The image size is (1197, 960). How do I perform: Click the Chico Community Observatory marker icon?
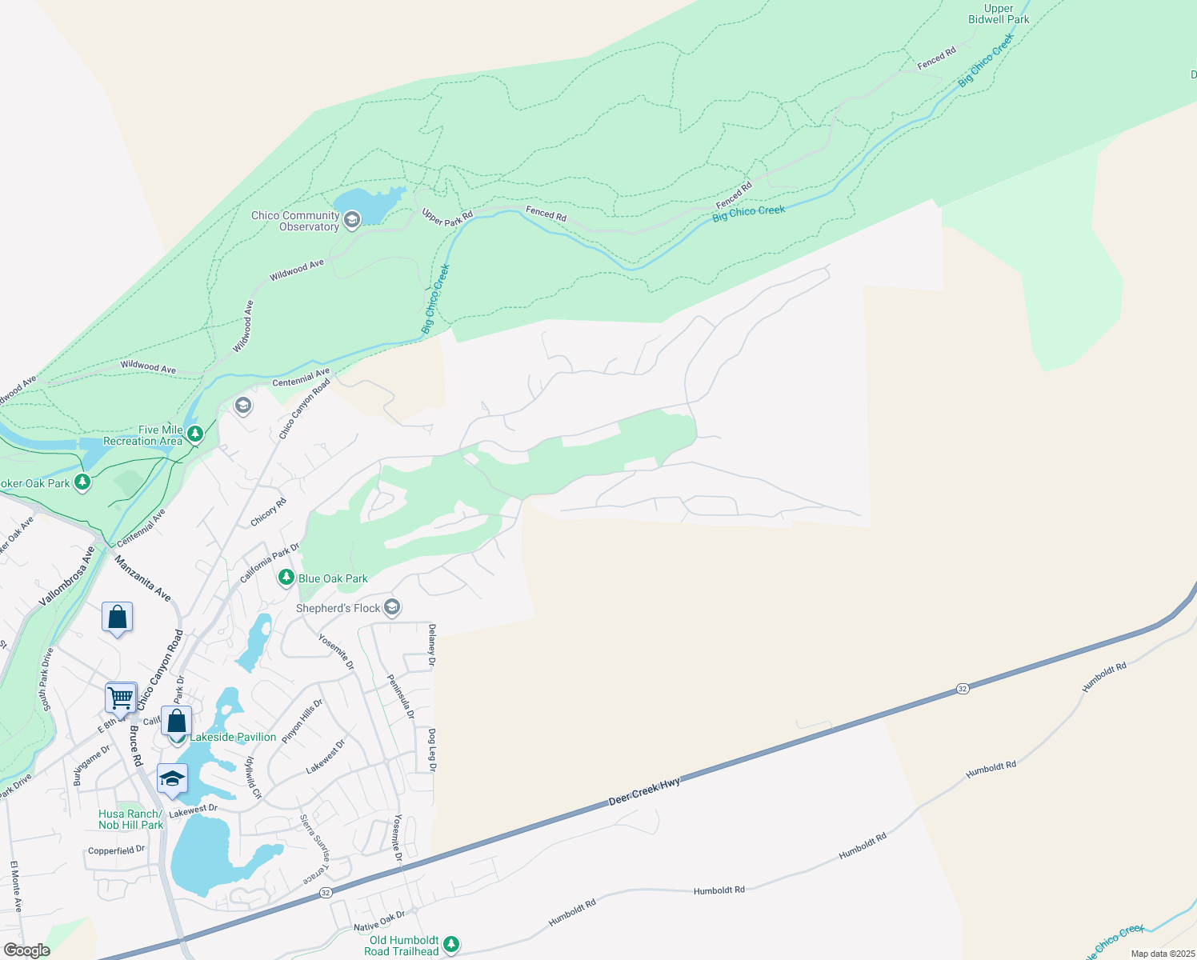pos(352,219)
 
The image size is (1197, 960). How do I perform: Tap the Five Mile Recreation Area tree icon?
pos(195,434)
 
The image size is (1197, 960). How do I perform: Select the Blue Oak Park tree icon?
pos(286,577)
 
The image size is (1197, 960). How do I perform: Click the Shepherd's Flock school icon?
pos(392,608)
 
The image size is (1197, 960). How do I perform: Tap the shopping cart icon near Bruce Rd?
pos(121,697)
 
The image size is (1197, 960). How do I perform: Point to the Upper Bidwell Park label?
pos(999,14)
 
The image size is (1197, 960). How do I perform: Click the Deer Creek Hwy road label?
pos(644,791)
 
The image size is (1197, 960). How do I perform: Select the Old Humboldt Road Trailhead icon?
pos(451,945)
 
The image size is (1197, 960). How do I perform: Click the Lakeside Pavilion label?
pos(233,737)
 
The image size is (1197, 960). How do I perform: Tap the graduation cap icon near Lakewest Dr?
pos(172,779)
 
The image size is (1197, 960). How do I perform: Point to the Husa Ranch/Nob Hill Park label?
pos(130,819)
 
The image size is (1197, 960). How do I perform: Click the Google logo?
pos(26,950)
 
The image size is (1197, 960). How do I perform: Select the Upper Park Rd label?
pos(447,217)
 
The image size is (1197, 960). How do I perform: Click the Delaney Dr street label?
pos(432,645)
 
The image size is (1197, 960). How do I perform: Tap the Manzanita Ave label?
pos(142,578)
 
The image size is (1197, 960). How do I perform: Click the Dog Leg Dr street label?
pos(432,750)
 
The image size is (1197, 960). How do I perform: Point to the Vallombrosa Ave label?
pos(67,575)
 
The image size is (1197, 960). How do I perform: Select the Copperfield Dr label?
pos(116,850)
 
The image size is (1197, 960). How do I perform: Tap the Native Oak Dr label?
pos(379,921)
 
